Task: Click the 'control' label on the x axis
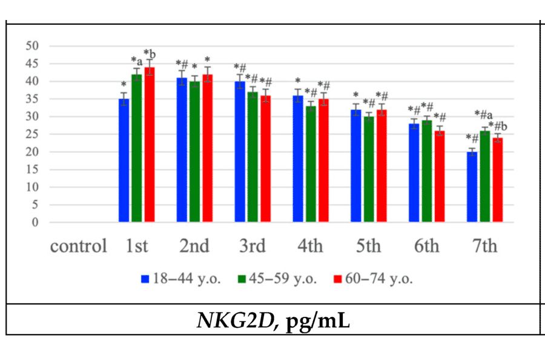(78, 247)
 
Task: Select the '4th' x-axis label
(310, 247)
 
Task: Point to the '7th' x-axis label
(484, 247)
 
